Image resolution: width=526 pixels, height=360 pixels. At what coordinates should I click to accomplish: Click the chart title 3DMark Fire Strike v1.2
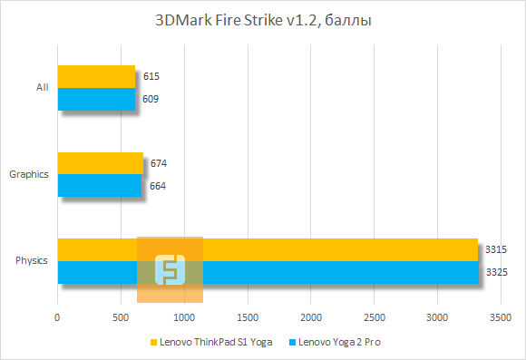point(262,19)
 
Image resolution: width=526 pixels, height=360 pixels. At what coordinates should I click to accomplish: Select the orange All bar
point(96,76)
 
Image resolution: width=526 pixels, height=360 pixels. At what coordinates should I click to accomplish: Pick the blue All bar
point(96,99)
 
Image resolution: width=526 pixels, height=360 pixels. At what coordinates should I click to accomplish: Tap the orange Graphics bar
point(100,163)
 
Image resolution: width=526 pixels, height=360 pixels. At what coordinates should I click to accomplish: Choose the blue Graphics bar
point(99,186)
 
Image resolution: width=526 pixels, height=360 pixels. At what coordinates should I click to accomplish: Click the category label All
point(42,88)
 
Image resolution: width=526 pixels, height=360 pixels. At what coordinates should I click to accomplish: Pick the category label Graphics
point(28,174)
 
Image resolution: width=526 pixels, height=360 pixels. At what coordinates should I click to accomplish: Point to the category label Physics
point(32,261)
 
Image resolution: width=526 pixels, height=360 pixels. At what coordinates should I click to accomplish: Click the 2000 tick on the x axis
point(311,317)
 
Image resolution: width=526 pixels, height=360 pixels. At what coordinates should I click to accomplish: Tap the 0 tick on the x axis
point(57,317)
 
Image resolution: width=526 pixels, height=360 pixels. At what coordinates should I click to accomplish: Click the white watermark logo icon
point(170,269)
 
